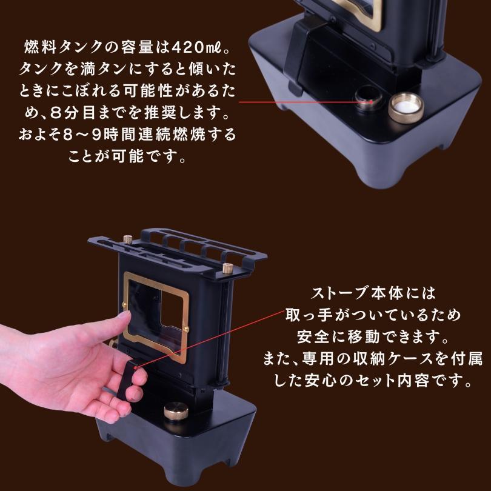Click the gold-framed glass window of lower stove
(156, 307)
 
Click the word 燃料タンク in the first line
(66, 47)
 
